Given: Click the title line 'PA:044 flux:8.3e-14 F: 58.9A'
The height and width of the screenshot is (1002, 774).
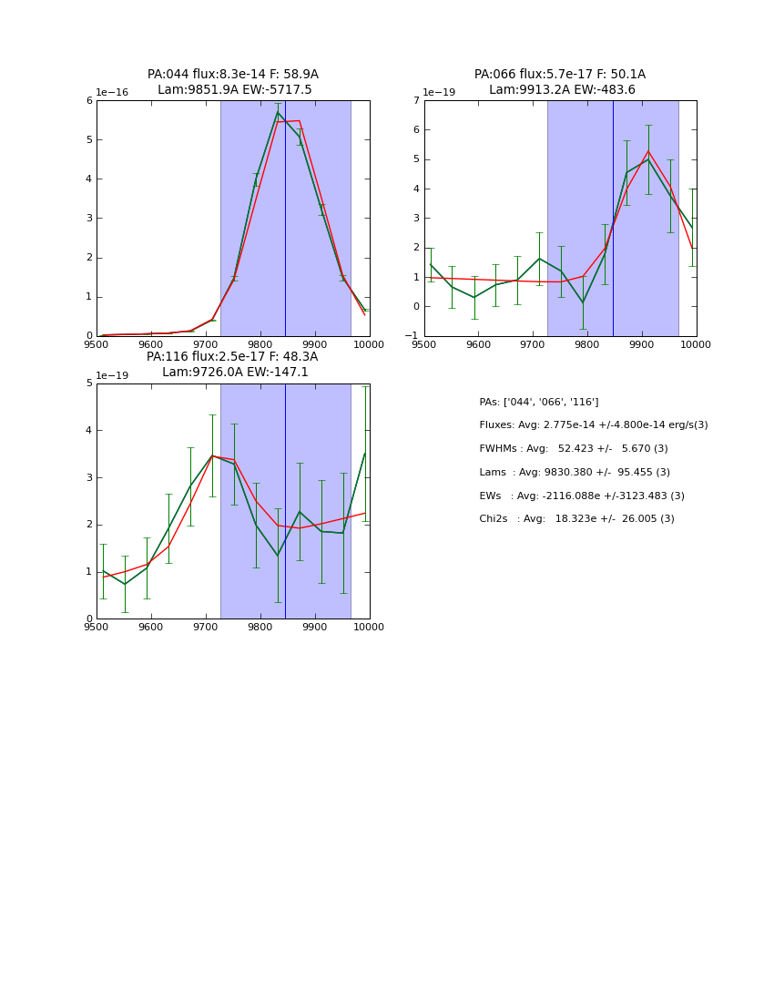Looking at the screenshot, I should point(232,75).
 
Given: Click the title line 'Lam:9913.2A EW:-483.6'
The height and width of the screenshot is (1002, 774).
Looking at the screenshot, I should point(559,90).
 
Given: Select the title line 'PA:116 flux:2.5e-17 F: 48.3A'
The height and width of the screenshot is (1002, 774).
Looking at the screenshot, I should point(232,357).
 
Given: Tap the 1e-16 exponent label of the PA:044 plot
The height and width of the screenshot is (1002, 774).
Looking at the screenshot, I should point(112,93).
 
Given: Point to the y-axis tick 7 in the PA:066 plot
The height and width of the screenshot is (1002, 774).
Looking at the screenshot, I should point(415,100).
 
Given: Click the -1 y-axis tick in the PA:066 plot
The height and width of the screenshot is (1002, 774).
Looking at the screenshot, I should point(412,336).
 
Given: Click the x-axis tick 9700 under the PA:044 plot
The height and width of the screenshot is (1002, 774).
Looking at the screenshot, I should point(206,344).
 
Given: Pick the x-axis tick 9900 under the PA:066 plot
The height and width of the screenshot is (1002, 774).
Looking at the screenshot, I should point(642,344).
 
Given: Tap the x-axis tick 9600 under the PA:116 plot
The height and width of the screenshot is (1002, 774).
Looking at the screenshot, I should point(151,627).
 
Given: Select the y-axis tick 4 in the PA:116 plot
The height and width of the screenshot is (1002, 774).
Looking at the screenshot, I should point(87,430).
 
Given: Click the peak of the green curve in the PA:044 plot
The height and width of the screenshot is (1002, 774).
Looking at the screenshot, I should point(278,112).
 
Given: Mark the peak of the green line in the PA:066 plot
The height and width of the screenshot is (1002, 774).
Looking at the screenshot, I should point(648,159).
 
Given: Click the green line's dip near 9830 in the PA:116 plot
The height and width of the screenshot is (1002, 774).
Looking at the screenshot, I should point(278,556).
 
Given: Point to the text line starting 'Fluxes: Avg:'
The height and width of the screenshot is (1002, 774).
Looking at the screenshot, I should point(593,425).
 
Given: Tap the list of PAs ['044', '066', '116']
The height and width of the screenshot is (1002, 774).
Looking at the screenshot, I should point(539,403).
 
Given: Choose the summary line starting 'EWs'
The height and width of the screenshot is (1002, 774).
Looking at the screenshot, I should point(582,496).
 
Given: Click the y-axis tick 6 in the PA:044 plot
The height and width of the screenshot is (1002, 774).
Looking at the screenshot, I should point(88,100).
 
